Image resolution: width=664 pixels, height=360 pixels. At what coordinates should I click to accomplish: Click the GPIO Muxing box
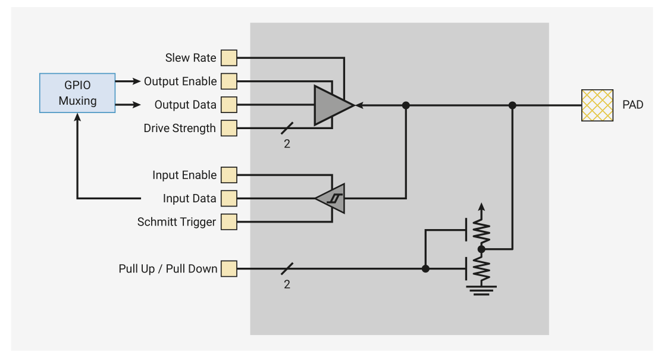[77, 93]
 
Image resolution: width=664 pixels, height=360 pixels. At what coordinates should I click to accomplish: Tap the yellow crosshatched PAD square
[597, 105]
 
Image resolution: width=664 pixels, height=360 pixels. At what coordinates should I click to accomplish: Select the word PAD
[633, 105]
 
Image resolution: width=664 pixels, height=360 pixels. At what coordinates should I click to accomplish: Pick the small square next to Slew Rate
[228, 58]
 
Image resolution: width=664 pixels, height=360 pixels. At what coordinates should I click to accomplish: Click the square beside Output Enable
[228, 81]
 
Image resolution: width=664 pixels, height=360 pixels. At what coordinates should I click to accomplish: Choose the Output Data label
[185, 105]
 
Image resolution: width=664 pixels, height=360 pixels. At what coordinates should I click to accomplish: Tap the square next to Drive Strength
[228, 128]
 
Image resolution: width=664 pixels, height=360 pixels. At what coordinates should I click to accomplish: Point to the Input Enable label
[184, 175]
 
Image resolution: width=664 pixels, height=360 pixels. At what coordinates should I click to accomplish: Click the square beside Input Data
[228, 198]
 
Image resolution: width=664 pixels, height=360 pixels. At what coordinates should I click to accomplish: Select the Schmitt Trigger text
[177, 222]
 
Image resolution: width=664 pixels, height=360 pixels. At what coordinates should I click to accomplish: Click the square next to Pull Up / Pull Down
[228, 268]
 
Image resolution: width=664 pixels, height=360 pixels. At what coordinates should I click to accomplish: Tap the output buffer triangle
[332, 105]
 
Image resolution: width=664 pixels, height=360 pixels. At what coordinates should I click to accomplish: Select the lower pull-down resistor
[481, 268]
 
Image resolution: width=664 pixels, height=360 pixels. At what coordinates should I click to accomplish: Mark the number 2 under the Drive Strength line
[287, 143]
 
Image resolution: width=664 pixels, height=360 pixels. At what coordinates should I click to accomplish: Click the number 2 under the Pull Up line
[287, 284]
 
